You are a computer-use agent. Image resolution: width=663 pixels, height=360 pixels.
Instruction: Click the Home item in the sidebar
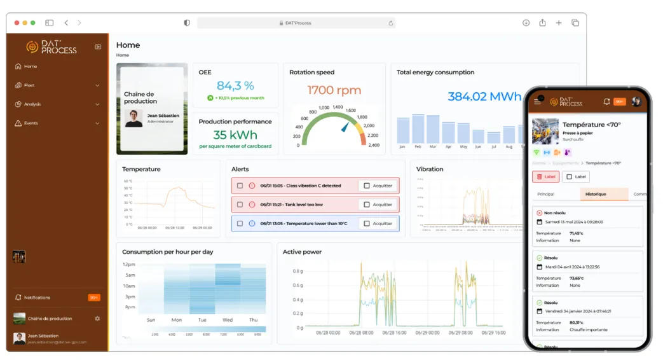30,66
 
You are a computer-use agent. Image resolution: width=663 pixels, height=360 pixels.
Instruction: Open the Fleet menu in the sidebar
29,85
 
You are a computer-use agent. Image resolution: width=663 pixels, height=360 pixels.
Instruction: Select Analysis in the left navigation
32,104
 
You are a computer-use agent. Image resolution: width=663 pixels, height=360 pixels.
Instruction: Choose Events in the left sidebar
31,123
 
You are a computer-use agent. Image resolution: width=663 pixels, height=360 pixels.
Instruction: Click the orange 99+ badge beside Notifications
94,298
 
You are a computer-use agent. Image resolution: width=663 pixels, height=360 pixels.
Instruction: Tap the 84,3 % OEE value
235,86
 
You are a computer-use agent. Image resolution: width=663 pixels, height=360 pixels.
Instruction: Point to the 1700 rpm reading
334,90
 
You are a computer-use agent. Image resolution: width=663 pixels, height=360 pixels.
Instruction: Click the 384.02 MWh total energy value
484,97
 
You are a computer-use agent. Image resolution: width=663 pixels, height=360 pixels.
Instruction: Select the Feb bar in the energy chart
418,129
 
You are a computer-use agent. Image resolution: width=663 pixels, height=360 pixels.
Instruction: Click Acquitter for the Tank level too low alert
378,205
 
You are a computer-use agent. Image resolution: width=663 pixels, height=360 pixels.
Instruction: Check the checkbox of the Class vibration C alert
240,186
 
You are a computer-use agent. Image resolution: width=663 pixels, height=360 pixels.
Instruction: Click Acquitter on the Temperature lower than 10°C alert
378,224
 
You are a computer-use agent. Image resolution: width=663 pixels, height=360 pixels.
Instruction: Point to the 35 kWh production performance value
235,135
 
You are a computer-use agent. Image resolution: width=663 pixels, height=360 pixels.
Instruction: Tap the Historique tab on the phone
596,194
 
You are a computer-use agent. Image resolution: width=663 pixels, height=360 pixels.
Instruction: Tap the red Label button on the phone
545,177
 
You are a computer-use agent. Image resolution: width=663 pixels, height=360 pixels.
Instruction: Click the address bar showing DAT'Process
296,23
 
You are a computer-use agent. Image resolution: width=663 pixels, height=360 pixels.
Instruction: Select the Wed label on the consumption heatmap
228,320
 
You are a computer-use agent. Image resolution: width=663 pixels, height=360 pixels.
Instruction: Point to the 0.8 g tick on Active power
297,271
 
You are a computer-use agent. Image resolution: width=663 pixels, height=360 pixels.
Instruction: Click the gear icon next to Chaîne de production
97,319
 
